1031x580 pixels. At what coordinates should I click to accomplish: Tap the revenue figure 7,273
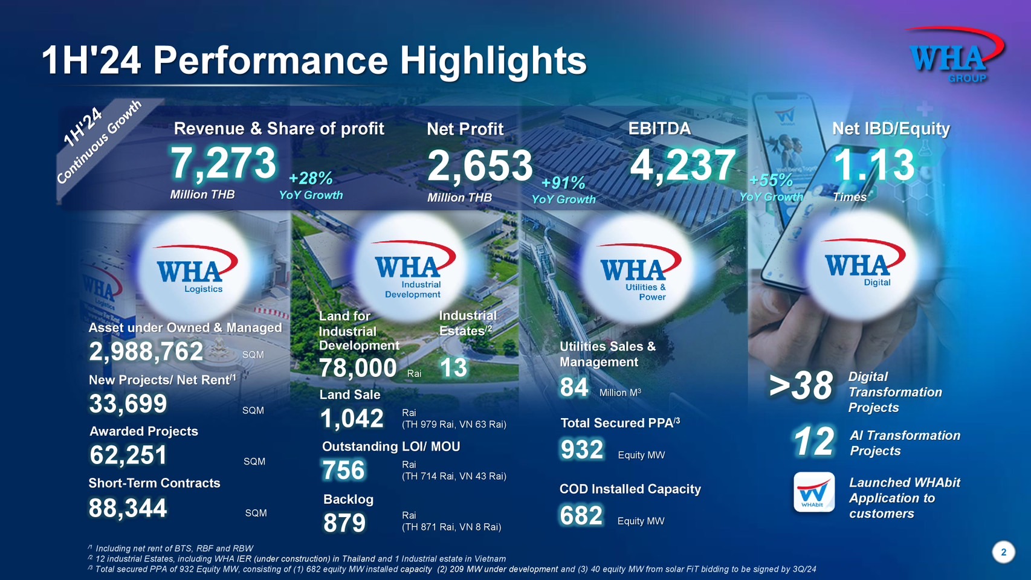223,164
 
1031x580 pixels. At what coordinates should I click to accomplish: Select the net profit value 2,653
480,166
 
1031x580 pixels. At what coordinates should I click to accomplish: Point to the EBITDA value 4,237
683,165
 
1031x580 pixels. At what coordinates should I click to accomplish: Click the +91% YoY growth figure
563,183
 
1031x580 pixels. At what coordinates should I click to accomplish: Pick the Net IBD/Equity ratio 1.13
874,165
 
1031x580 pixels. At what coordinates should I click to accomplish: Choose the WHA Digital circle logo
863,266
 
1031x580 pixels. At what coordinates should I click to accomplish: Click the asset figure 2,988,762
146,352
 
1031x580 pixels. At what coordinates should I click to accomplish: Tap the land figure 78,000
358,368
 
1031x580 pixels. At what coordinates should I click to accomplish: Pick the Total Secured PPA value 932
582,450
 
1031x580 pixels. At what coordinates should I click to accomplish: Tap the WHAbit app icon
813,492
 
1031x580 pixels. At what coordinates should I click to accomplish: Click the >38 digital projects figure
801,386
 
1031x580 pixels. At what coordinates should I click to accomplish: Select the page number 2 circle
1003,552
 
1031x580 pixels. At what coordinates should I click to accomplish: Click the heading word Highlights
493,60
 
